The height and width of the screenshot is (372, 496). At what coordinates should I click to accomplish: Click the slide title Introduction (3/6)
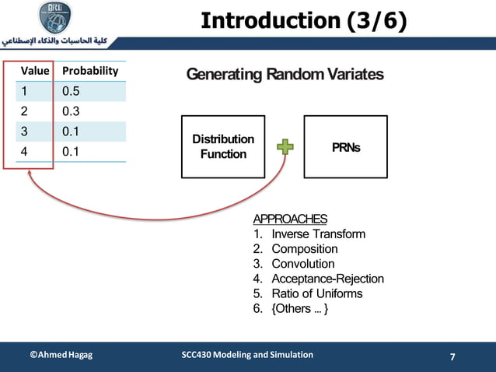point(303,21)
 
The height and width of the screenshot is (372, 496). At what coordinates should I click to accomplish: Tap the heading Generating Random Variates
point(285,75)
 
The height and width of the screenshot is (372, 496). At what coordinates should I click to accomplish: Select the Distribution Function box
point(223,146)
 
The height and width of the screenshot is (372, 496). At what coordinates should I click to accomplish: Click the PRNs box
point(345,146)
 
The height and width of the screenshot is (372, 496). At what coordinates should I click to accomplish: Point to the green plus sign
point(285,146)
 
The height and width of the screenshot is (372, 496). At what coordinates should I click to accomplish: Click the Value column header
point(35,71)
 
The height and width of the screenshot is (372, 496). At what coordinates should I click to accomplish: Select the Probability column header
point(90,71)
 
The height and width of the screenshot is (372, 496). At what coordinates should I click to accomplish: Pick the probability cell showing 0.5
point(72,92)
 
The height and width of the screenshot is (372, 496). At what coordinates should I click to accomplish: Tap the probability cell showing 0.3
point(72,112)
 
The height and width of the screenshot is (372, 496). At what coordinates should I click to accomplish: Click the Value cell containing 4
point(24,152)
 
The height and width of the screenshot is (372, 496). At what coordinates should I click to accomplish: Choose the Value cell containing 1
point(24,92)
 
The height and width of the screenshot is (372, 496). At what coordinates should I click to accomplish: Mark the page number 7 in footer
point(453,357)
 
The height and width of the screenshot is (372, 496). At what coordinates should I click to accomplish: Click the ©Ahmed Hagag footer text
point(61,355)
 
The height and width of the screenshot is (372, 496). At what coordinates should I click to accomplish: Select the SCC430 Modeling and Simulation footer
point(247,355)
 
